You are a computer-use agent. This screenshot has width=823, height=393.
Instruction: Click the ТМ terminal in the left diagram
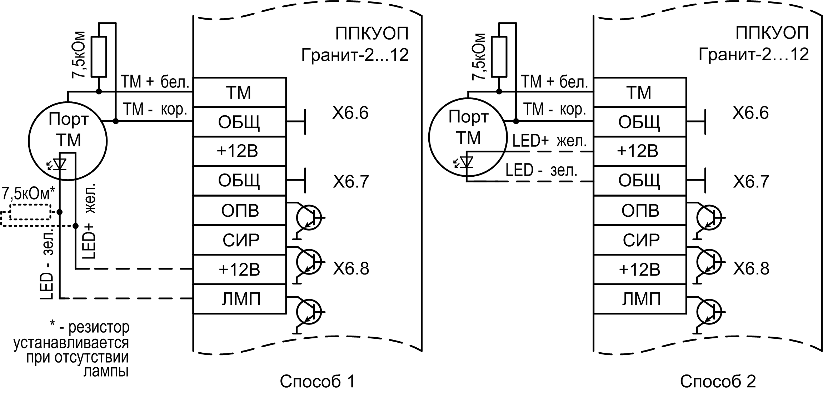pyautogui.click(x=239, y=92)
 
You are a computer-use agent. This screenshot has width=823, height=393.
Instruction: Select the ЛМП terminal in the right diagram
pyautogui.click(x=640, y=299)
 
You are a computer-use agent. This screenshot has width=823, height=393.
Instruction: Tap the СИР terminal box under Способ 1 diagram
pyautogui.click(x=240, y=240)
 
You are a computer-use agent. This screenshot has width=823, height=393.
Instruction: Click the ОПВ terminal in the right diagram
pyautogui.click(x=640, y=211)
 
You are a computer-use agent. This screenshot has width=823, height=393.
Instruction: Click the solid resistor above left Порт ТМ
pyautogui.click(x=99, y=56)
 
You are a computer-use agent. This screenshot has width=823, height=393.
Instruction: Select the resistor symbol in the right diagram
pyautogui.click(x=499, y=56)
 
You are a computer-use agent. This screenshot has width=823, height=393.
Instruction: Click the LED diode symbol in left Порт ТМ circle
pyautogui.click(x=59, y=164)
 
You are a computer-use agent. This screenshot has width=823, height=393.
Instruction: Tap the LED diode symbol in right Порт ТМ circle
pyautogui.click(x=466, y=162)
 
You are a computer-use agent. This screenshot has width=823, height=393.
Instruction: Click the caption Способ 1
pyautogui.click(x=317, y=381)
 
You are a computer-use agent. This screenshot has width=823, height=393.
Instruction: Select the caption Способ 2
pyautogui.click(x=718, y=381)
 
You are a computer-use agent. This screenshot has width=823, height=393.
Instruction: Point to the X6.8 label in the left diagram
pyautogui.click(x=351, y=268)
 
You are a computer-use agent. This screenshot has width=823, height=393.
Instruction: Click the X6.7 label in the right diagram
pyautogui.click(x=751, y=182)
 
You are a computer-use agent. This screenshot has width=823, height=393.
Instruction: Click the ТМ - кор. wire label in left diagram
pyautogui.click(x=155, y=109)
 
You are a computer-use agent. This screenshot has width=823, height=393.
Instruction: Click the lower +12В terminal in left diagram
pyautogui.click(x=239, y=269)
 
